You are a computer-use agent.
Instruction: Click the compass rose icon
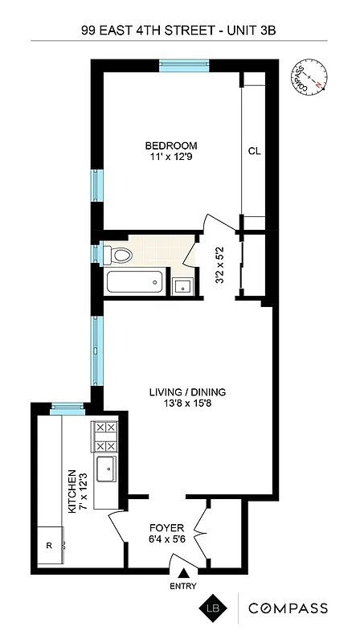pos(312,78)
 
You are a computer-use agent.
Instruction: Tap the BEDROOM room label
pos(171,145)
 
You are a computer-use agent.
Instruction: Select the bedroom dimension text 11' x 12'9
pos(171,158)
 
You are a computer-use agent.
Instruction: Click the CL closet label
pos(254,150)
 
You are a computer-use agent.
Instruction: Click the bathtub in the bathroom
pos(134,283)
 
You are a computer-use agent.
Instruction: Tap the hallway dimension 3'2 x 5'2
pos(214,265)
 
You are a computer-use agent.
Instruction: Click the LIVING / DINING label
pos(187,392)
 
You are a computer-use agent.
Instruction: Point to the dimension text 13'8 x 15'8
pos(187,405)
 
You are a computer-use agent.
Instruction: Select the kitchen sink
pos(106,469)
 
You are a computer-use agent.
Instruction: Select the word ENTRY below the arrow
pos(184,587)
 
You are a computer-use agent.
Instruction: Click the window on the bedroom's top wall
pos(184,66)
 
